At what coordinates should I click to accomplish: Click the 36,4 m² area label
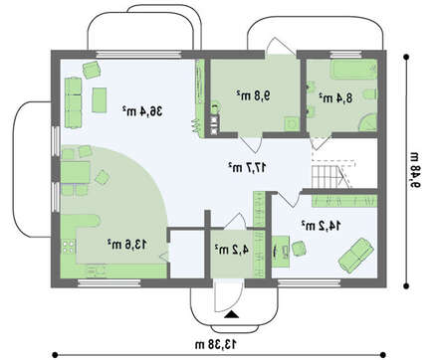click(142, 111)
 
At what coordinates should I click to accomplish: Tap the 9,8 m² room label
click(254, 95)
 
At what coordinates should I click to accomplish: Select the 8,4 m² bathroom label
click(335, 97)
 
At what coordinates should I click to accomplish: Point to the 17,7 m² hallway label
click(247, 167)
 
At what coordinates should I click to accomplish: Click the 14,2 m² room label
click(321, 226)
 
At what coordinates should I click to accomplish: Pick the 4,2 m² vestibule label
click(231, 250)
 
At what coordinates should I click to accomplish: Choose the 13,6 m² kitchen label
click(126, 245)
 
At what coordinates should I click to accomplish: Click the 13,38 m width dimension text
click(216, 344)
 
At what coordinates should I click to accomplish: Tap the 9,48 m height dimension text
click(415, 170)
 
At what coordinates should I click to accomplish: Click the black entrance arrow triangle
click(232, 314)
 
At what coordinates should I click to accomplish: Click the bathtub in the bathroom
click(353, 70)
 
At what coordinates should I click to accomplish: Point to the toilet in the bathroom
click(370, 94)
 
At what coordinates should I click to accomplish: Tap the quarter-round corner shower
click(368, 122)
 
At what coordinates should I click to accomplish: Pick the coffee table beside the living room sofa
click(100, 99)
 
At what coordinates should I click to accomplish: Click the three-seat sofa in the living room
click(73, 102)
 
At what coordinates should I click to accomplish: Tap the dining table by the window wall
click(76, 172)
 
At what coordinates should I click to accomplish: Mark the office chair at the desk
click(299, 249)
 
